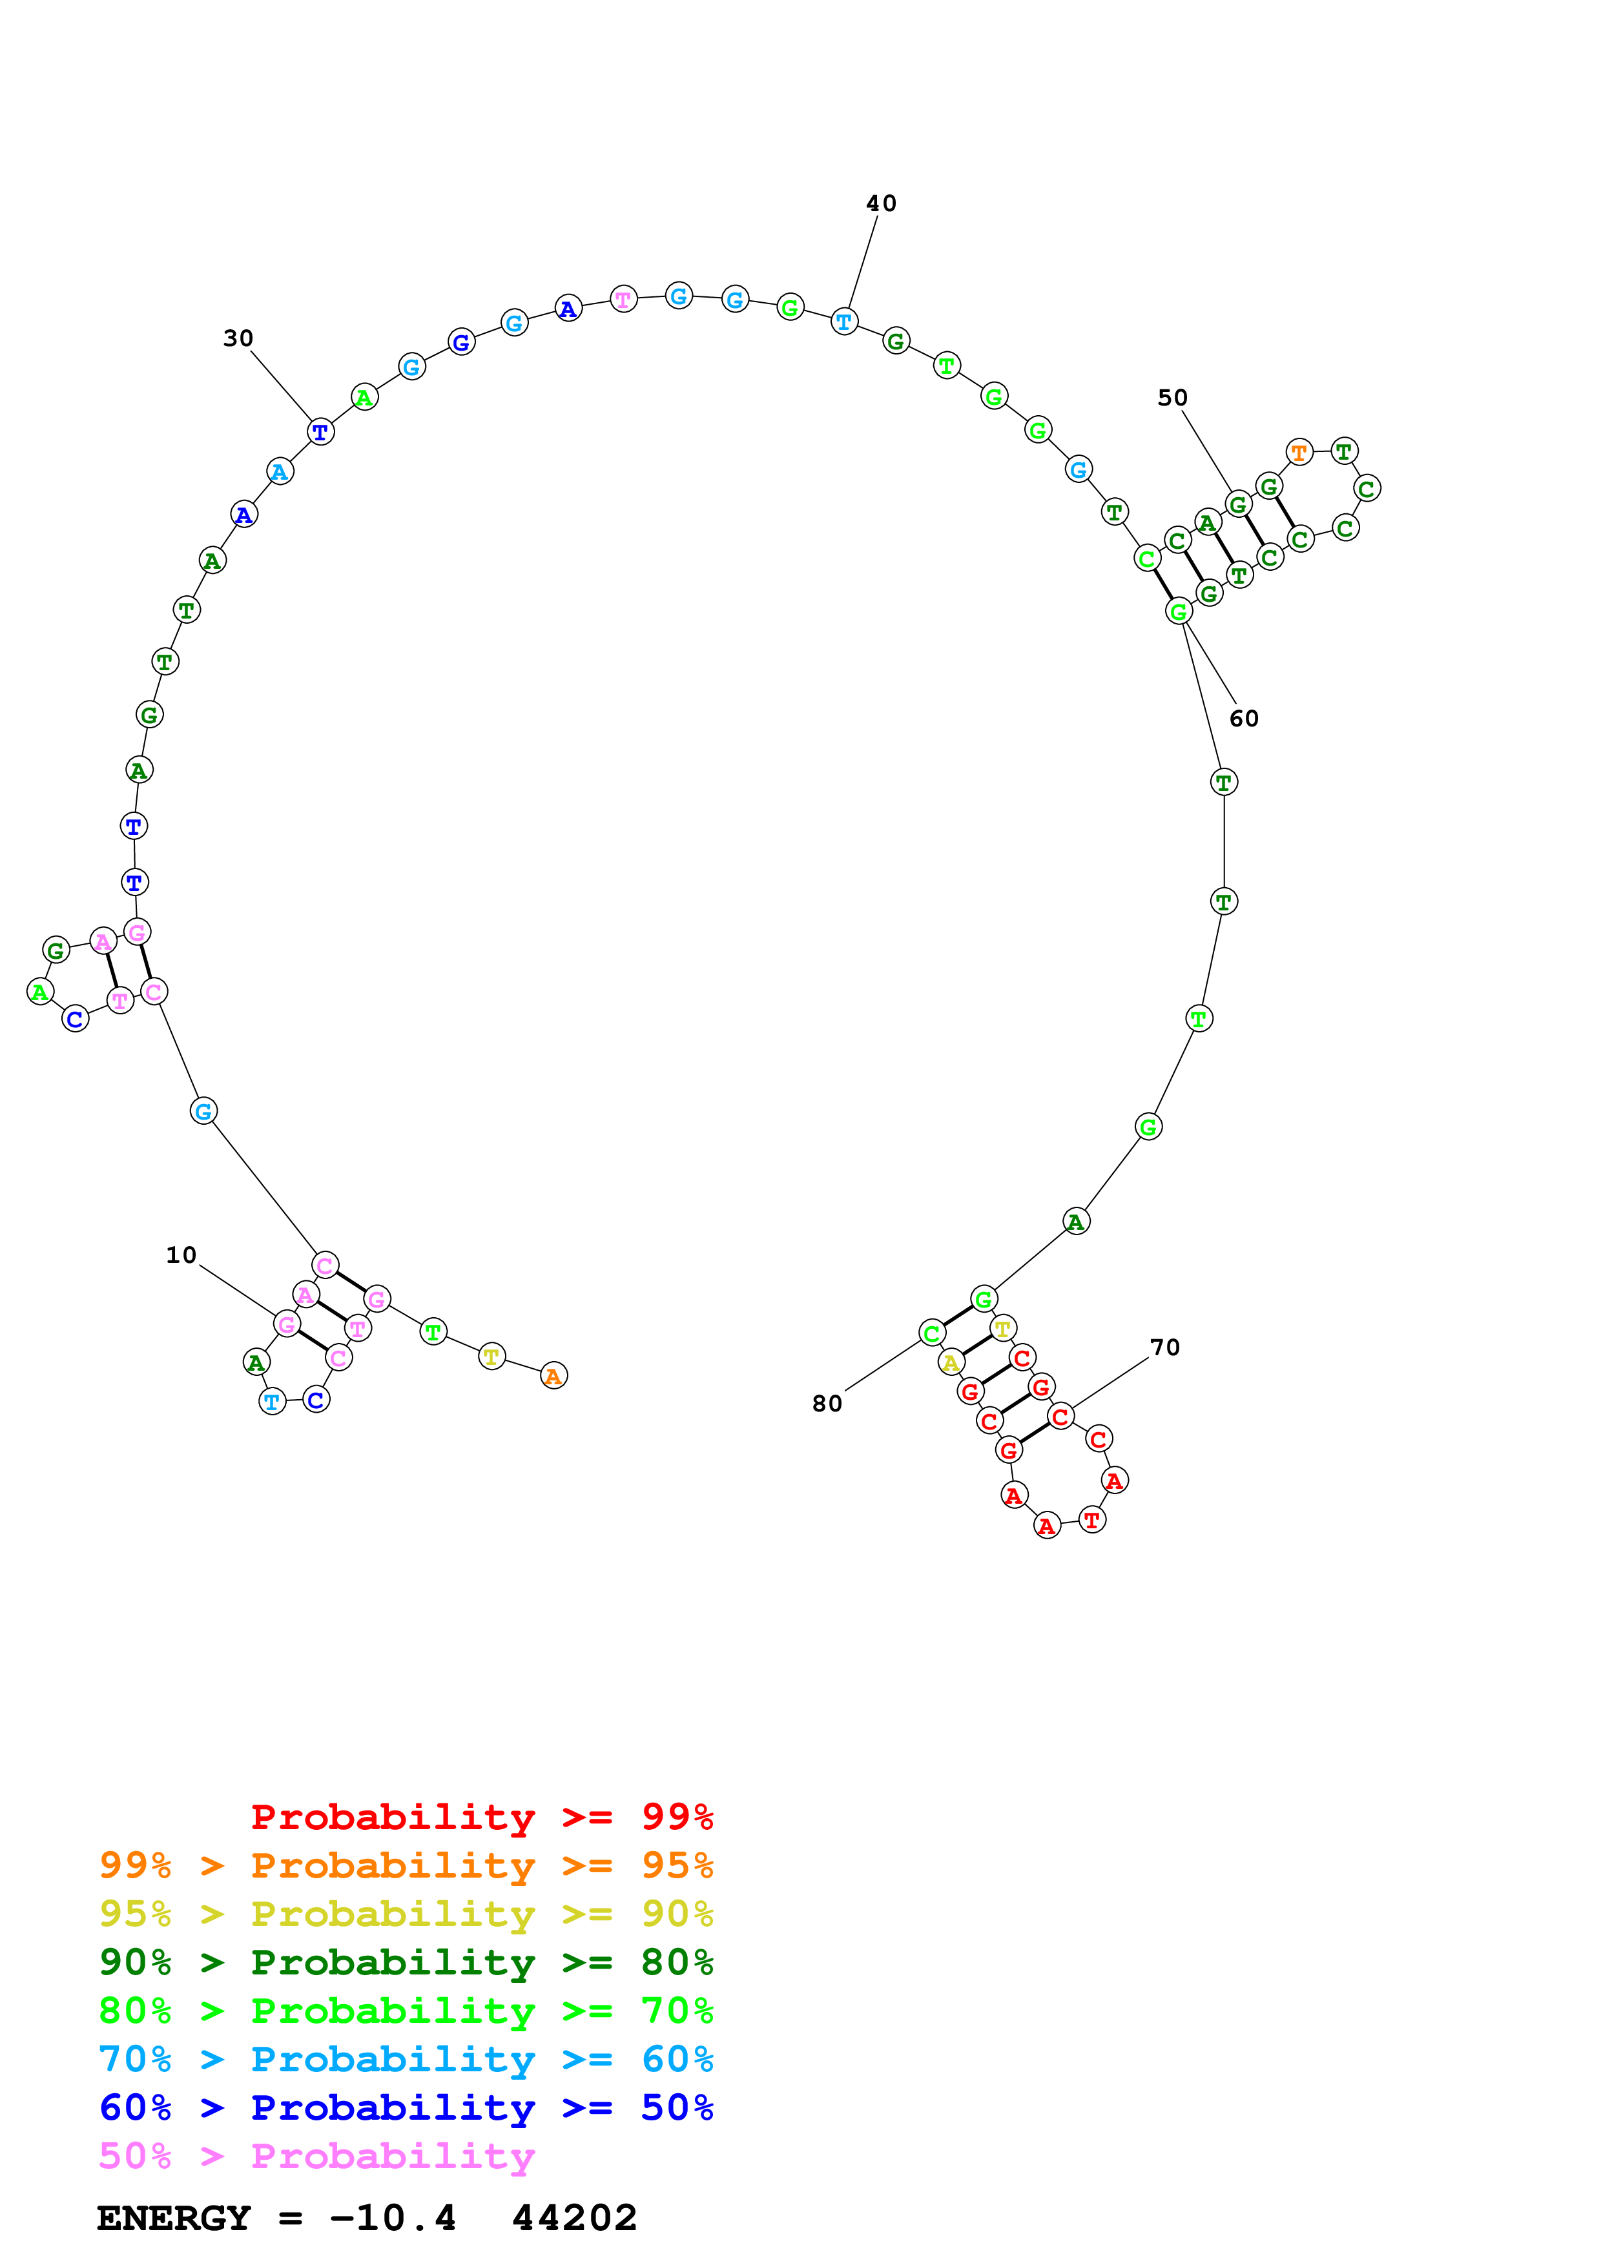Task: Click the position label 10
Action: coord(181,1255)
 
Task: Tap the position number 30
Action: coord(238,338)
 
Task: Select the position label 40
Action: coord(881,203)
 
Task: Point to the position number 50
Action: coord(1172,398)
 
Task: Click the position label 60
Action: coord(1243,718)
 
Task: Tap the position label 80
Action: coord(827,1404)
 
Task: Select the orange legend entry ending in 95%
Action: coord(406,1865)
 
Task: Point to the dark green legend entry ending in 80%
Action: coord(406,1962)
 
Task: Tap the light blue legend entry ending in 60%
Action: coord(406,2059)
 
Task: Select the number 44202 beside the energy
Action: coord(574,2218)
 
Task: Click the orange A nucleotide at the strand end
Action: coord(553,1375)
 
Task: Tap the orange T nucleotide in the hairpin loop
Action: coord(1299,453)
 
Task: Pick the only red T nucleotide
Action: coord(1091,1519)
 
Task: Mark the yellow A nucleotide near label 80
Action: coord(950,1362)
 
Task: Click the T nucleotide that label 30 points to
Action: coord(320,431)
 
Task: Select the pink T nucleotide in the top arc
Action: coord(623,299)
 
